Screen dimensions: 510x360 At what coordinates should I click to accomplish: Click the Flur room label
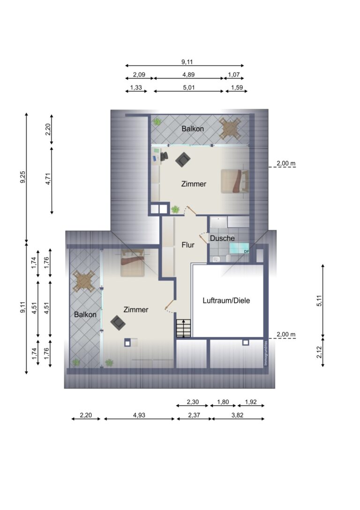tap(187, 244)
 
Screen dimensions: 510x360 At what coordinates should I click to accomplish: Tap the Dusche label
tap(222, 238)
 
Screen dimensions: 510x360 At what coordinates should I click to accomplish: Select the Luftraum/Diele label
tap(226, 301)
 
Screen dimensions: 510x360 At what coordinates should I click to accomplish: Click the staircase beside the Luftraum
tap(183, 327)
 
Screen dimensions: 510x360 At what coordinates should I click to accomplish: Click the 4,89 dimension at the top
tap(189, 75)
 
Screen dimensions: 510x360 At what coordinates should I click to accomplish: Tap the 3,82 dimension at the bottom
tap(238, 415)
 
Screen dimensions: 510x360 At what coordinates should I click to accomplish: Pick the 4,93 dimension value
tap(139, 415)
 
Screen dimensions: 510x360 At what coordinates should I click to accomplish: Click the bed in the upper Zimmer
tap(234, 181)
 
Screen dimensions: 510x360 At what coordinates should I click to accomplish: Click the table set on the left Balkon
tap(84, 282)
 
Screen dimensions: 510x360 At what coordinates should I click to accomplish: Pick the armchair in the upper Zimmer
tap(183, 160)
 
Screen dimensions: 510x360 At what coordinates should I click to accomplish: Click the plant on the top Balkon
tap(157, 122)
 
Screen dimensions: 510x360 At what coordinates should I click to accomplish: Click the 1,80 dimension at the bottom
tap(223, 402)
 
